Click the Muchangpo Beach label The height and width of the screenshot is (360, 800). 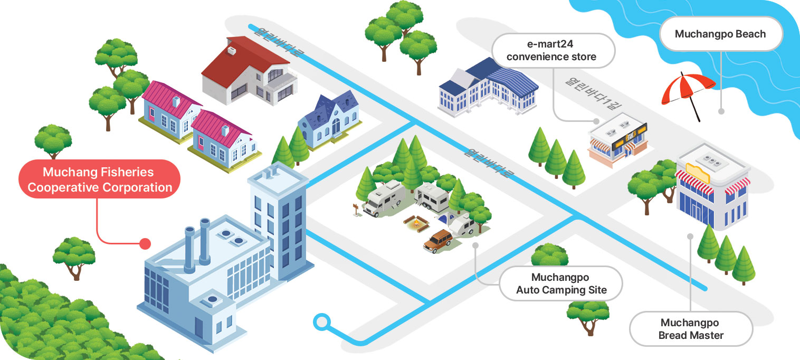[x=721, y=34]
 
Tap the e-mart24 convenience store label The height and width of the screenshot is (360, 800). [x=553, y=50]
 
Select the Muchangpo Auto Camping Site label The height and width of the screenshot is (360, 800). [x=561, y=283]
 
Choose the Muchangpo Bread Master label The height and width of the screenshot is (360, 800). [x=691, y=329]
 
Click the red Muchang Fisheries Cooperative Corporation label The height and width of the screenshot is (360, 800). [x=99, y=179]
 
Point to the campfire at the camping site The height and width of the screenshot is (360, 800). [x=416, y=224]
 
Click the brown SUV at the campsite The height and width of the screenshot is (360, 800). [x=438, y=241]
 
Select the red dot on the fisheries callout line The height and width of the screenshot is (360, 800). [x=145, y=244]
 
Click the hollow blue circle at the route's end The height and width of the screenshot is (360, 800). [x=322, y=322]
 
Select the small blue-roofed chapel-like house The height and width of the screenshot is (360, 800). [x=329, y=120]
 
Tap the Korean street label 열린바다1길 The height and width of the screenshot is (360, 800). [x=593, y=93]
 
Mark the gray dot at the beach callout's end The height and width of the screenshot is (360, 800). [x=721, y=111]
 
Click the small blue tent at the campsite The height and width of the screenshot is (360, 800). [x=446, y=219]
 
